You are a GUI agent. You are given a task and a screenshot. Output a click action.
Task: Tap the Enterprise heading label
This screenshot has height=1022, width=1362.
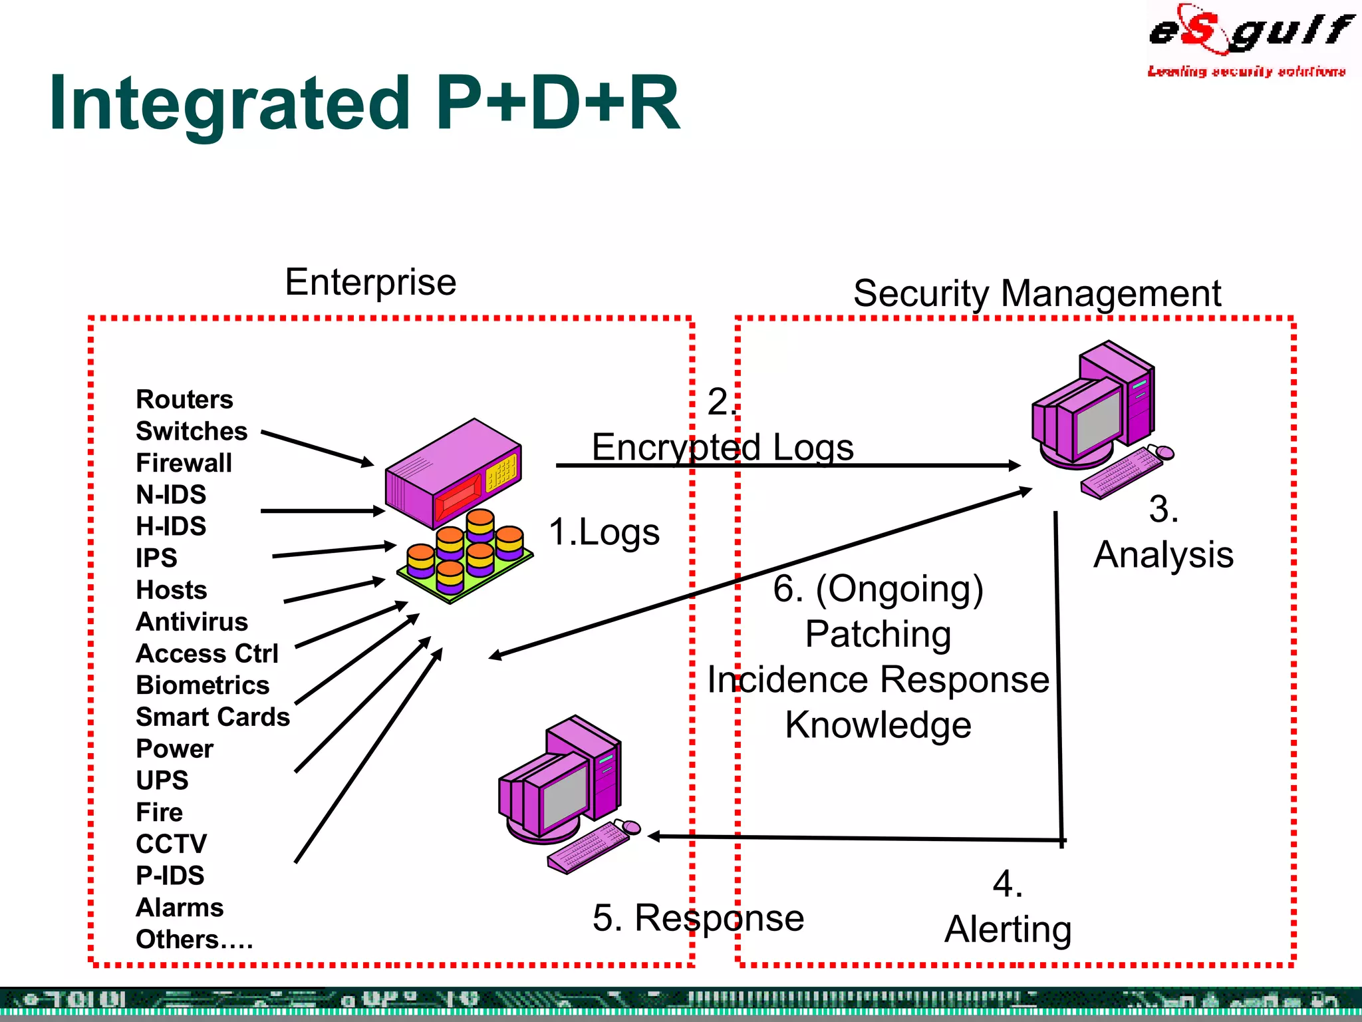click(370, 282)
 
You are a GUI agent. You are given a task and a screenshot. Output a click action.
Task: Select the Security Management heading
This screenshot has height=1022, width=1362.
click(1037, 293)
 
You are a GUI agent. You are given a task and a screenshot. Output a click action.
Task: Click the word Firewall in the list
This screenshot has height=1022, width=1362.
click(184, 463)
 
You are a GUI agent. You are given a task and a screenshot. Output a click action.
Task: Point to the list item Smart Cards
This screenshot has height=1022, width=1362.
click(213, 717)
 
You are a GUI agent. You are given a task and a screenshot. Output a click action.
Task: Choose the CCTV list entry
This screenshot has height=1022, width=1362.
click(171, 844)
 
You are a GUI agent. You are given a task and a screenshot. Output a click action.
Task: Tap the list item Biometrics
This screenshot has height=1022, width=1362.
click(202, 685)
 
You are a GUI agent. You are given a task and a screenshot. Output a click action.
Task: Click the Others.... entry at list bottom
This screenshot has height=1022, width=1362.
click(194, 939)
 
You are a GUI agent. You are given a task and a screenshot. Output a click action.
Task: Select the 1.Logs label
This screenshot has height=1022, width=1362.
click(604, 532)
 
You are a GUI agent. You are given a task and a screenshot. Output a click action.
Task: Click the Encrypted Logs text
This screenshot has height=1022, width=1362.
click(722, 447)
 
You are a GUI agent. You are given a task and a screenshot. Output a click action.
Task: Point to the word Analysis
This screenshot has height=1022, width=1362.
click(1163, 555)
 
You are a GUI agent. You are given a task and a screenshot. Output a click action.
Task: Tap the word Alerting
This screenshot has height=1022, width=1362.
click(1008, 930)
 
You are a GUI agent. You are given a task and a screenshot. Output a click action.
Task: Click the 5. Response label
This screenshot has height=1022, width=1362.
click(698, 918)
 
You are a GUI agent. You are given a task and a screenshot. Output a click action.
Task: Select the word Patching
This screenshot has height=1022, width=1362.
click(878, 634)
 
